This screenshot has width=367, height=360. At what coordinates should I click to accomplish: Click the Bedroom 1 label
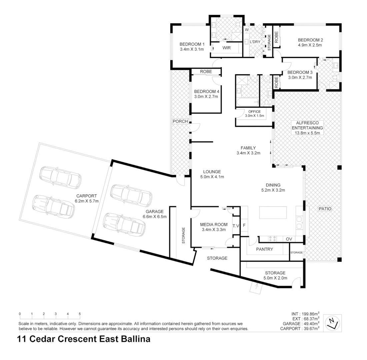[192, 44]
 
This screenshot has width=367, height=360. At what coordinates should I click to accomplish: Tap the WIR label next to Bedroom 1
[227, 48]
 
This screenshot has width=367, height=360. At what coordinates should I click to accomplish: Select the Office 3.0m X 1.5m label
[254, 114]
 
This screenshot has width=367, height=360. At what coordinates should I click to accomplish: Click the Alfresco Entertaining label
[307, 128]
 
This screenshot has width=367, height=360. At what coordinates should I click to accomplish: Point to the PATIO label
[325, 209]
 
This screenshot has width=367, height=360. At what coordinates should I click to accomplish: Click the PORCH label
[180, 121]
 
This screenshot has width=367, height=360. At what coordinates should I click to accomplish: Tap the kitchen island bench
[273, 212]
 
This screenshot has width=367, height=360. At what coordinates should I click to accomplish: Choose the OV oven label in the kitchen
[289, 239]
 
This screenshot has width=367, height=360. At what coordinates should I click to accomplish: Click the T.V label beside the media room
[236, 226]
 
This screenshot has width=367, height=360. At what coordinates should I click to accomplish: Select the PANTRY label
[265, 249]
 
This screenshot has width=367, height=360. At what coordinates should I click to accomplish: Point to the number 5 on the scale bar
[80, 314]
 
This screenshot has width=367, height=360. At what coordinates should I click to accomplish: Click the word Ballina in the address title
[135, 339]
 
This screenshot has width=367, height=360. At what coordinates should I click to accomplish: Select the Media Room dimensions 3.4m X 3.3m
[214, 229]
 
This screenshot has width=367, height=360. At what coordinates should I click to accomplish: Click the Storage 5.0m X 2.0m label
[275, 275]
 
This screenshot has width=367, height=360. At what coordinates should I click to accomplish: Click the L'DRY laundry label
[255, 42]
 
